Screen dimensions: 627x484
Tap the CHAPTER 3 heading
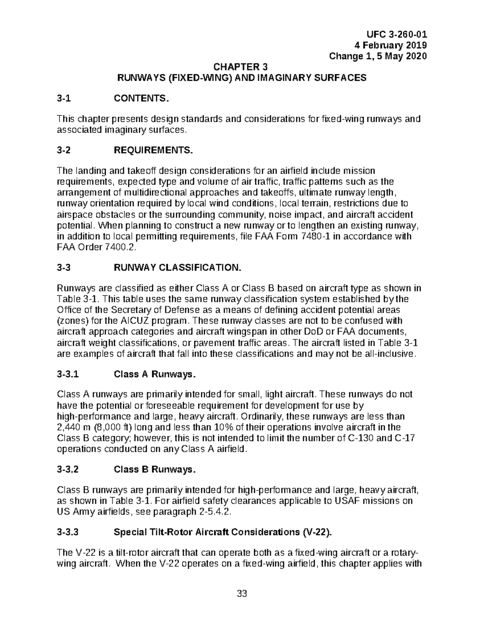pyautogui.click(x=241, y=67)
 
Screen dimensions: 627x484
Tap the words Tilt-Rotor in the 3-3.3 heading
pyautogui.click(x=167, y=532)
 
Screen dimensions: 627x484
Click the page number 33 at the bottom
pyautogui.click(x=242, y=594)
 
